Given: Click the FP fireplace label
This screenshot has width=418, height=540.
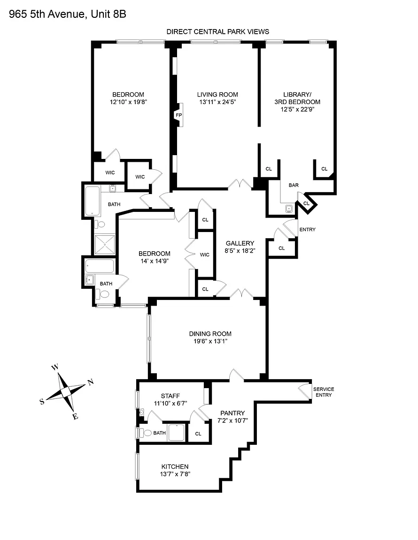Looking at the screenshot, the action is tap(178, 115).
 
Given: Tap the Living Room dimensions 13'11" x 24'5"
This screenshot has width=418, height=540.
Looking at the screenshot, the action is tap(217, 102).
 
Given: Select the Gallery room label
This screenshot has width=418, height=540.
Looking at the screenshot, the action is tap(240, 243).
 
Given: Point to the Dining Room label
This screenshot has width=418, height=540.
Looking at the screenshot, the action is tap(210, 334).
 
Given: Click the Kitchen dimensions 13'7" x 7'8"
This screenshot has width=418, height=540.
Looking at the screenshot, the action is tap(175, 474).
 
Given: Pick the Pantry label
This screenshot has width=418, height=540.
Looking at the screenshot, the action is tap(232, 413).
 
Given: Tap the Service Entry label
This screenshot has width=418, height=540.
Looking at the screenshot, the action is tap(324, 392).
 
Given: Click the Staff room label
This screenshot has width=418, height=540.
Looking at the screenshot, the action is tap(170, 396).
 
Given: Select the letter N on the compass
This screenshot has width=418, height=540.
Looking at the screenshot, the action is tap(91, 382).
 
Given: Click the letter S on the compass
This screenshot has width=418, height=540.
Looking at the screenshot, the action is tap(42, 402).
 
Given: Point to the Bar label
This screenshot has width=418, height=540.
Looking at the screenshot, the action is tap(294, 185).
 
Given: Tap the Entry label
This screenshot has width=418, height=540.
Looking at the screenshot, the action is tap(308, 229).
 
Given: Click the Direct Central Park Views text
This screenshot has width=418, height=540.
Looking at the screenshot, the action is tap(218, 32).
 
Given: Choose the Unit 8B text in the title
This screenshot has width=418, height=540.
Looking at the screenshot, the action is tap(109, 14).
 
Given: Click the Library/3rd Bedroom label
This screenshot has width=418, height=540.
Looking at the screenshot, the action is tap(297, 98).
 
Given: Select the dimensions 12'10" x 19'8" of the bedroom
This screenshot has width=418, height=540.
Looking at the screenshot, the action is tap(128, 102).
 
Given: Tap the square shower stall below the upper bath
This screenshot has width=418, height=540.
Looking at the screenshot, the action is tap(105, 244).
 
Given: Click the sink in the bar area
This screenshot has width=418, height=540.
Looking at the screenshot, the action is tap(289, 209).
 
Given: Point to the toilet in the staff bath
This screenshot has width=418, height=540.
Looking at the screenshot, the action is tap(146, 433).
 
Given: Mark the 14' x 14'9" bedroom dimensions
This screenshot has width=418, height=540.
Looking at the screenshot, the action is tap(155, 261).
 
